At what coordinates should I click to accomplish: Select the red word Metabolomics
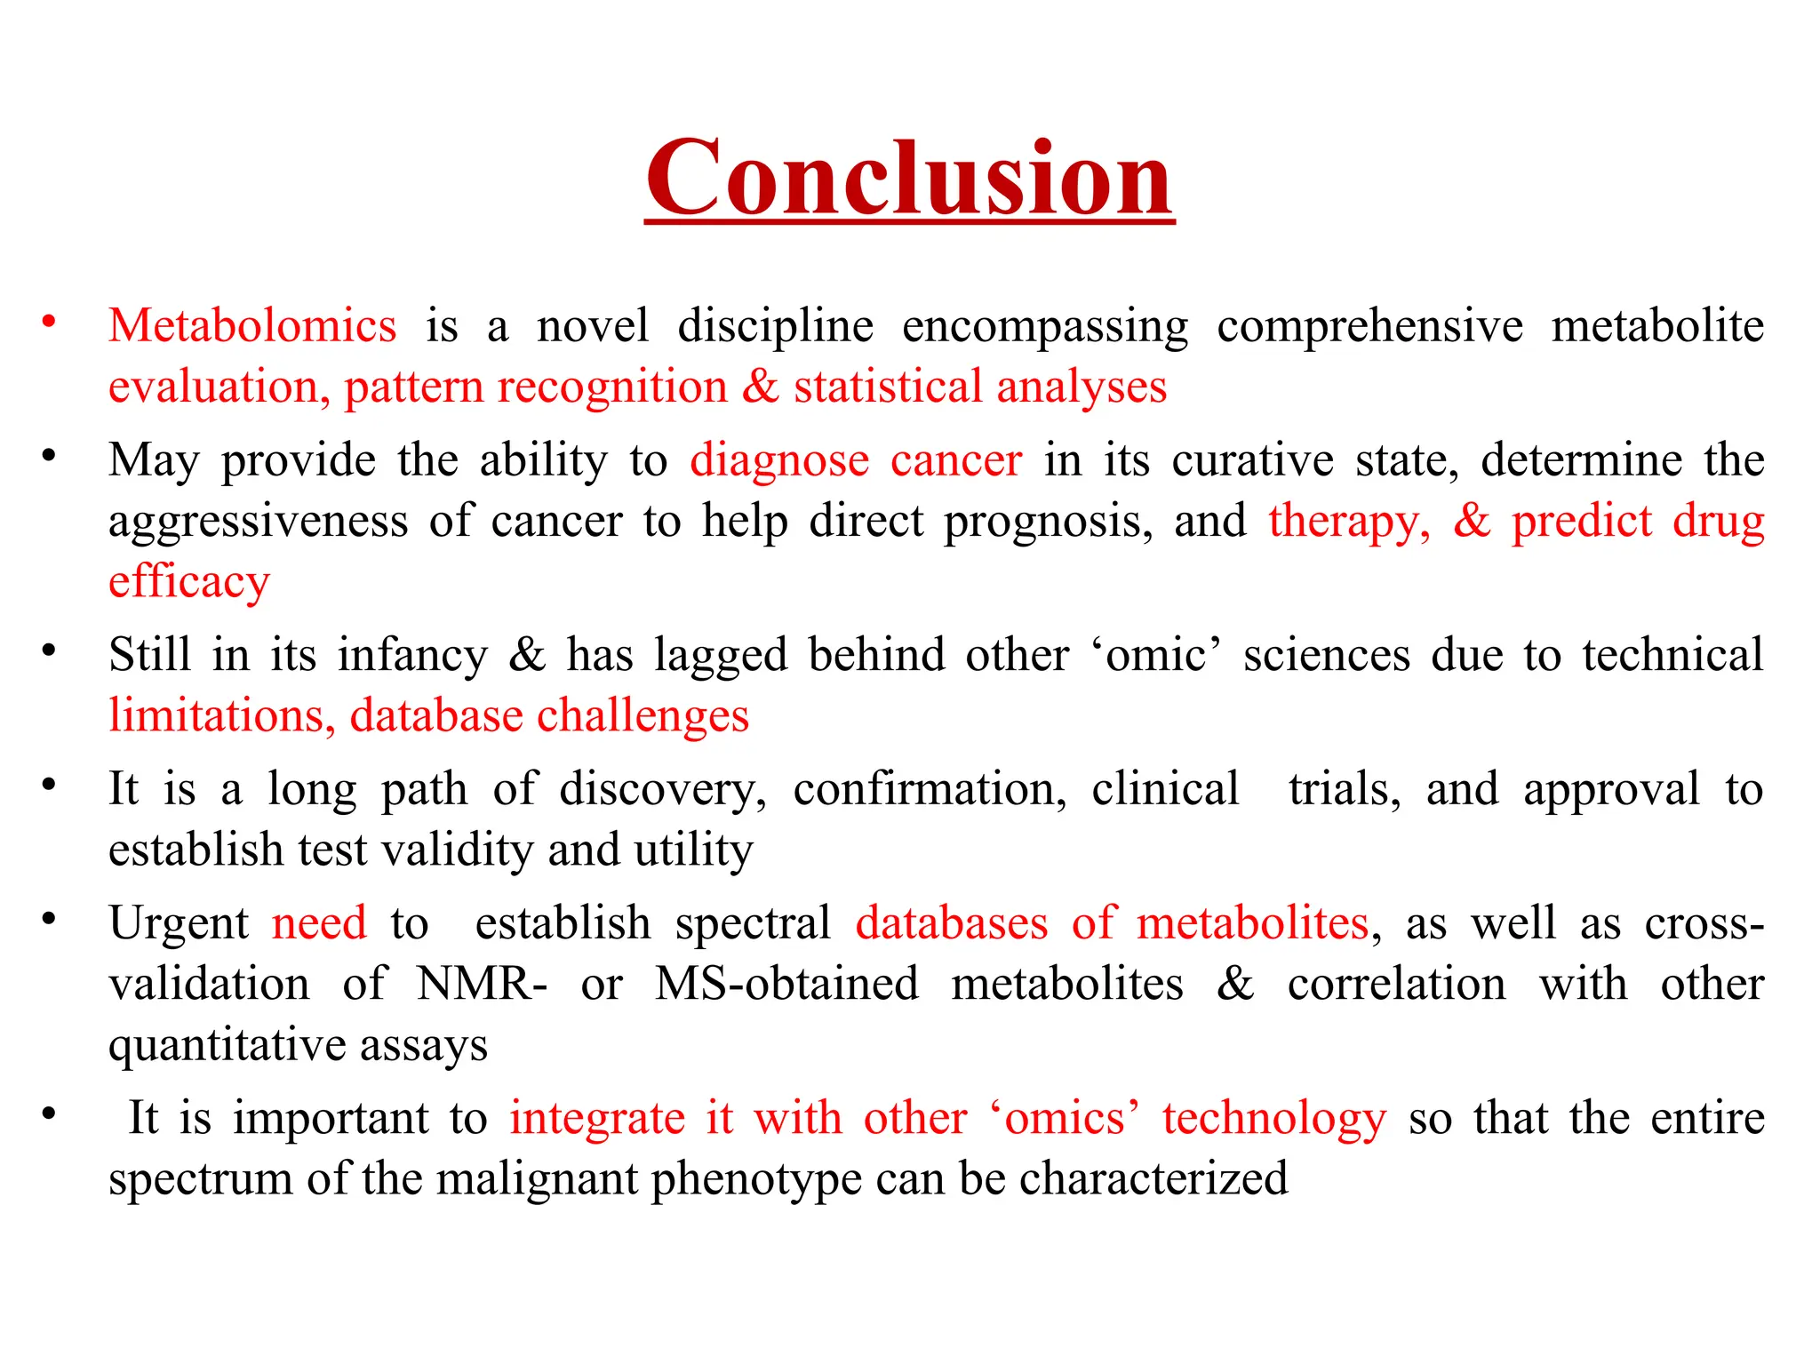[x=252, y=326]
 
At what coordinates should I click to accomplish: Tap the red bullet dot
[x=49, y=321]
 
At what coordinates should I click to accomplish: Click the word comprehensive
[x=1369, y=326]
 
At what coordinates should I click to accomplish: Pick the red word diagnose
[x=779, y=461]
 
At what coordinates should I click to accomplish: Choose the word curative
[x=1253, y=460]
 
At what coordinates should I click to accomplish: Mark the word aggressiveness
[x=258, y=522]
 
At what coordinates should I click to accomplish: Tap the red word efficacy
[x=188, y=583]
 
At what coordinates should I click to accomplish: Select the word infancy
[x=412, y=656]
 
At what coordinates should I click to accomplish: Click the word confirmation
[x=930, y=789]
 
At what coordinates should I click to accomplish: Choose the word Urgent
[x=179, y=923]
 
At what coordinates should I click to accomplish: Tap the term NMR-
[x=482, y=985]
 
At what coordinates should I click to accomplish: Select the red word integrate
[x=596, y=1118]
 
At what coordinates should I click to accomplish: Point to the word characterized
[x=1153, y=1179]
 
